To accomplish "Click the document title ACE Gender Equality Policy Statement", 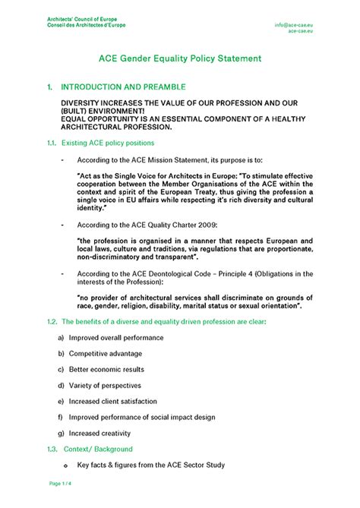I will tap(180, 58).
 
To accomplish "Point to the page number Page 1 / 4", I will tap(62, 483).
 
